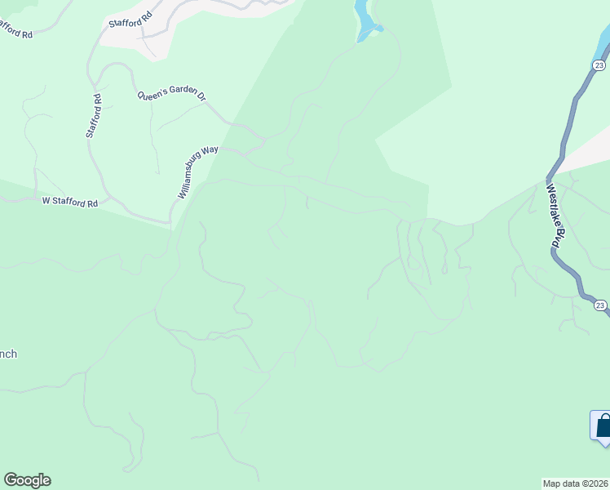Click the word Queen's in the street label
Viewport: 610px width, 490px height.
click(152, 94)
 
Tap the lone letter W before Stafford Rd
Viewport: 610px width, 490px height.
click(46, 200)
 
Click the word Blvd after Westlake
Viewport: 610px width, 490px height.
click(559, 238)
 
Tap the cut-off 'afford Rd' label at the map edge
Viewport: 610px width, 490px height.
click(15, 31)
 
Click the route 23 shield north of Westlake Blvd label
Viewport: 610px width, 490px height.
click(599, 65)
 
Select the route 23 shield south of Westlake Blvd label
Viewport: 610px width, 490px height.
click(599, 305)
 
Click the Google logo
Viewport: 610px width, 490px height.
click(27, 480)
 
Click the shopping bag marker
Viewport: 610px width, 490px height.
click(603, 425)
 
